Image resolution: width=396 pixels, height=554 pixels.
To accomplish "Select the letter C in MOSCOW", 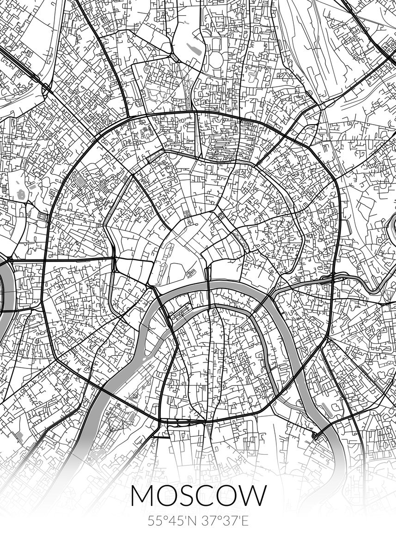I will pyautogui.click(x=212, y=495).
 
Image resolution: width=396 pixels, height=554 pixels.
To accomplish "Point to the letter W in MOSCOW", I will pyautogui.click(x=251, y=495).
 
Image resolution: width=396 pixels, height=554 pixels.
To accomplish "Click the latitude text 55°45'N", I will pyautogui.click(x=172, y=522).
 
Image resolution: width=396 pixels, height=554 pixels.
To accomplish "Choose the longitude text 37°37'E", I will pyautogui.click(x=225, y=522).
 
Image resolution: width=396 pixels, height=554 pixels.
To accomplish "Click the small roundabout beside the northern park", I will pyautogui.click(x=175, y=57).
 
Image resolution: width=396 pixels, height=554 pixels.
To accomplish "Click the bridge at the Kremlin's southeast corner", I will pyautogui.click(x=208, y=286).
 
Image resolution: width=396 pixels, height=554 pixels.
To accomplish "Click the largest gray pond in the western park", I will pyautogui.click(x=21, y=194).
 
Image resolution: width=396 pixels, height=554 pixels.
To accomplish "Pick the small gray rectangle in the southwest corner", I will pyautogui.click(x=19, y=435).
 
